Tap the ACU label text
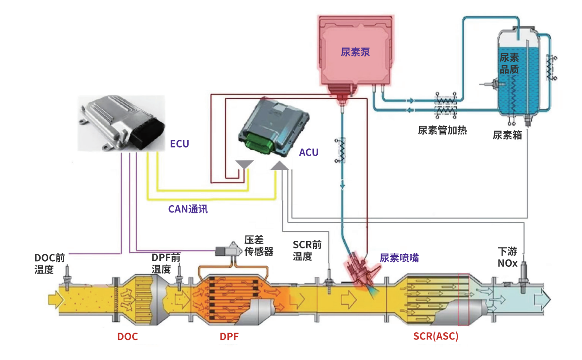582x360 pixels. (x=309, y=153)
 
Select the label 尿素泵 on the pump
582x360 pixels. (x=355, y=53)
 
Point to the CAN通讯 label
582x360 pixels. (x=188, y=209)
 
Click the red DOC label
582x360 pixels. (x=127, y=337)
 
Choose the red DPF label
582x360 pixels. (x=229, y=337)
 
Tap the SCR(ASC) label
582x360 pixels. (x=436, y=336)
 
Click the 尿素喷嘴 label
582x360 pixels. (x=399, y=258)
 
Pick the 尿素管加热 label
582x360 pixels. (x=442, y=130)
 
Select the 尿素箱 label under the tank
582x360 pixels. (x=507, y=136)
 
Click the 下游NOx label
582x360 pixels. (x=508, y=257)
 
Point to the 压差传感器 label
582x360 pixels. (x=259, y=245)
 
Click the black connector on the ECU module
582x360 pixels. (x=148, y=130)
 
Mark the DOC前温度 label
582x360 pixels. (x=50, y=264)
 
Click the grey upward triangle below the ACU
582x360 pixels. (x=280, y=165)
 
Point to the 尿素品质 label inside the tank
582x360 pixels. (x=509, y=63)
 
